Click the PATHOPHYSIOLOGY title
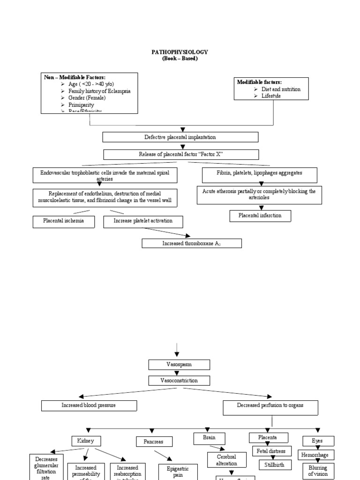pyautogui.click(x=180, y=52)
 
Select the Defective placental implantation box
pyautogui.click(x=180, y=137)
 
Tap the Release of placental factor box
pyautogui.click(x=180, y=155)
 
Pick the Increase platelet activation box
pyautogui.click(x=143, y=221)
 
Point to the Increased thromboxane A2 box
pyautogui.click(x=192, y=243)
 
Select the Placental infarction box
pyautogui.click(x=260, y=216)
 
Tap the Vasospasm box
pyautogui.click(x=180, y=364)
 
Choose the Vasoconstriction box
pyautogui.click(x=180, y=381)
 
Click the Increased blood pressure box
pyautogui.click(x=89, y=405)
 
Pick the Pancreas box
pyautogui.click(x=154, y=442)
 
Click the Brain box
pyautogui.click(x=209, y=438)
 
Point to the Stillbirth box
pyautogui.click(x=275, y=465)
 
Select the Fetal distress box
pyautogui.click(x=272, y=451)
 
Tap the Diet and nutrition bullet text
pyautogui.click(x=281, y=89)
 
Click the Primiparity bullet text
pyautogui.click(x=81, y=105)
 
